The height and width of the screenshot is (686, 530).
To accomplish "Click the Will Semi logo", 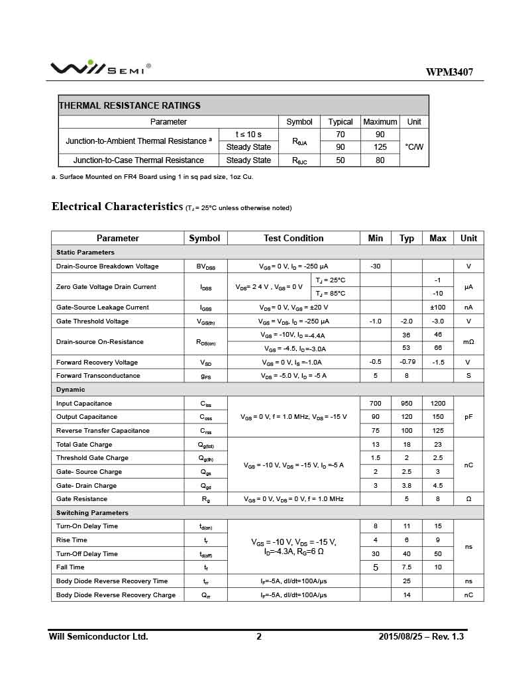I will click(100, 68).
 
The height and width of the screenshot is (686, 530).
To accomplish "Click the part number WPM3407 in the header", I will click(449, 72).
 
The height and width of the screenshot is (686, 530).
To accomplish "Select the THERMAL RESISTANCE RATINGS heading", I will click(130, 105).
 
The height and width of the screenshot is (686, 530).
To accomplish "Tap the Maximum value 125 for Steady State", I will click(380, 147).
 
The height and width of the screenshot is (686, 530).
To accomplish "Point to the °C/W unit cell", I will click(414, 147).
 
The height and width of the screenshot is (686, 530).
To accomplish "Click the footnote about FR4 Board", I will click(152, 177).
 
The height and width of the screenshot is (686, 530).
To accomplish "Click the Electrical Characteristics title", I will click(117, 207).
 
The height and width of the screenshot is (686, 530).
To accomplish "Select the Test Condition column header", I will click(293, 238).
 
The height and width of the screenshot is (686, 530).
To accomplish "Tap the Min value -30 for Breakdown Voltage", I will click(375, 266).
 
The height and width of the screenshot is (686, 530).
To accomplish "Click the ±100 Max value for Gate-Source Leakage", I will click(437, 308).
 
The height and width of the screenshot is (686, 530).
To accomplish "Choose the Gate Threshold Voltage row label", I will click(92, 321).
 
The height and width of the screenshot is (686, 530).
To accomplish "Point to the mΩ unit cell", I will click(468, 342).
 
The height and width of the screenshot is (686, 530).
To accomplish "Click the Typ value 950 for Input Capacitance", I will click(406, 404).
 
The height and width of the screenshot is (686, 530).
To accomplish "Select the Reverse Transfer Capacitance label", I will click(98, 431).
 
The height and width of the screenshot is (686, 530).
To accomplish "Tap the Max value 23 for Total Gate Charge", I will click(437, 445).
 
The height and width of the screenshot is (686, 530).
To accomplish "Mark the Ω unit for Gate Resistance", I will click(468, 499).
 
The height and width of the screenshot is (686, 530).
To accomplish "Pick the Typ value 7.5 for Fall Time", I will click(406, 567).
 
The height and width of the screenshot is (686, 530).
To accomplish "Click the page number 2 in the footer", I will click(259, 637).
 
